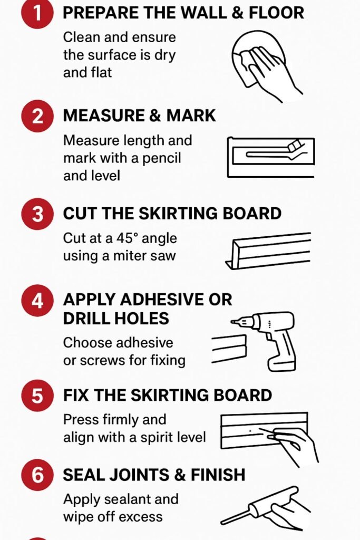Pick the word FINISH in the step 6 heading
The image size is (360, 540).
[218, 475]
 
